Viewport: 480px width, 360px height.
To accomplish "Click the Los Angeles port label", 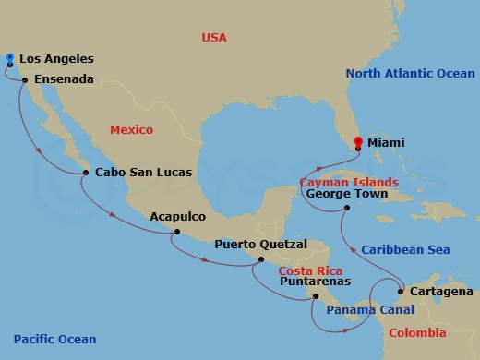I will point(55,58).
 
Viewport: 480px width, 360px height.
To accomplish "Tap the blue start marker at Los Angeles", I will point(9,57).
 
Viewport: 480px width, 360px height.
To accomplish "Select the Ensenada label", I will point(64,80).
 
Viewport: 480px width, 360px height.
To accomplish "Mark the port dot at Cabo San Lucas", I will point(85,173).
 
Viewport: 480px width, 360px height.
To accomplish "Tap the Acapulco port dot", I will point(174,233).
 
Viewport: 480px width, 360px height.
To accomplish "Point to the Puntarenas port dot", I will point(316,296).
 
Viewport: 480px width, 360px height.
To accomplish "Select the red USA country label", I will point(214,38).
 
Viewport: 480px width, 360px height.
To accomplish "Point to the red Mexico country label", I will point(131,130).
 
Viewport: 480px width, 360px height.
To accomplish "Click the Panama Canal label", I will point(369,310).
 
